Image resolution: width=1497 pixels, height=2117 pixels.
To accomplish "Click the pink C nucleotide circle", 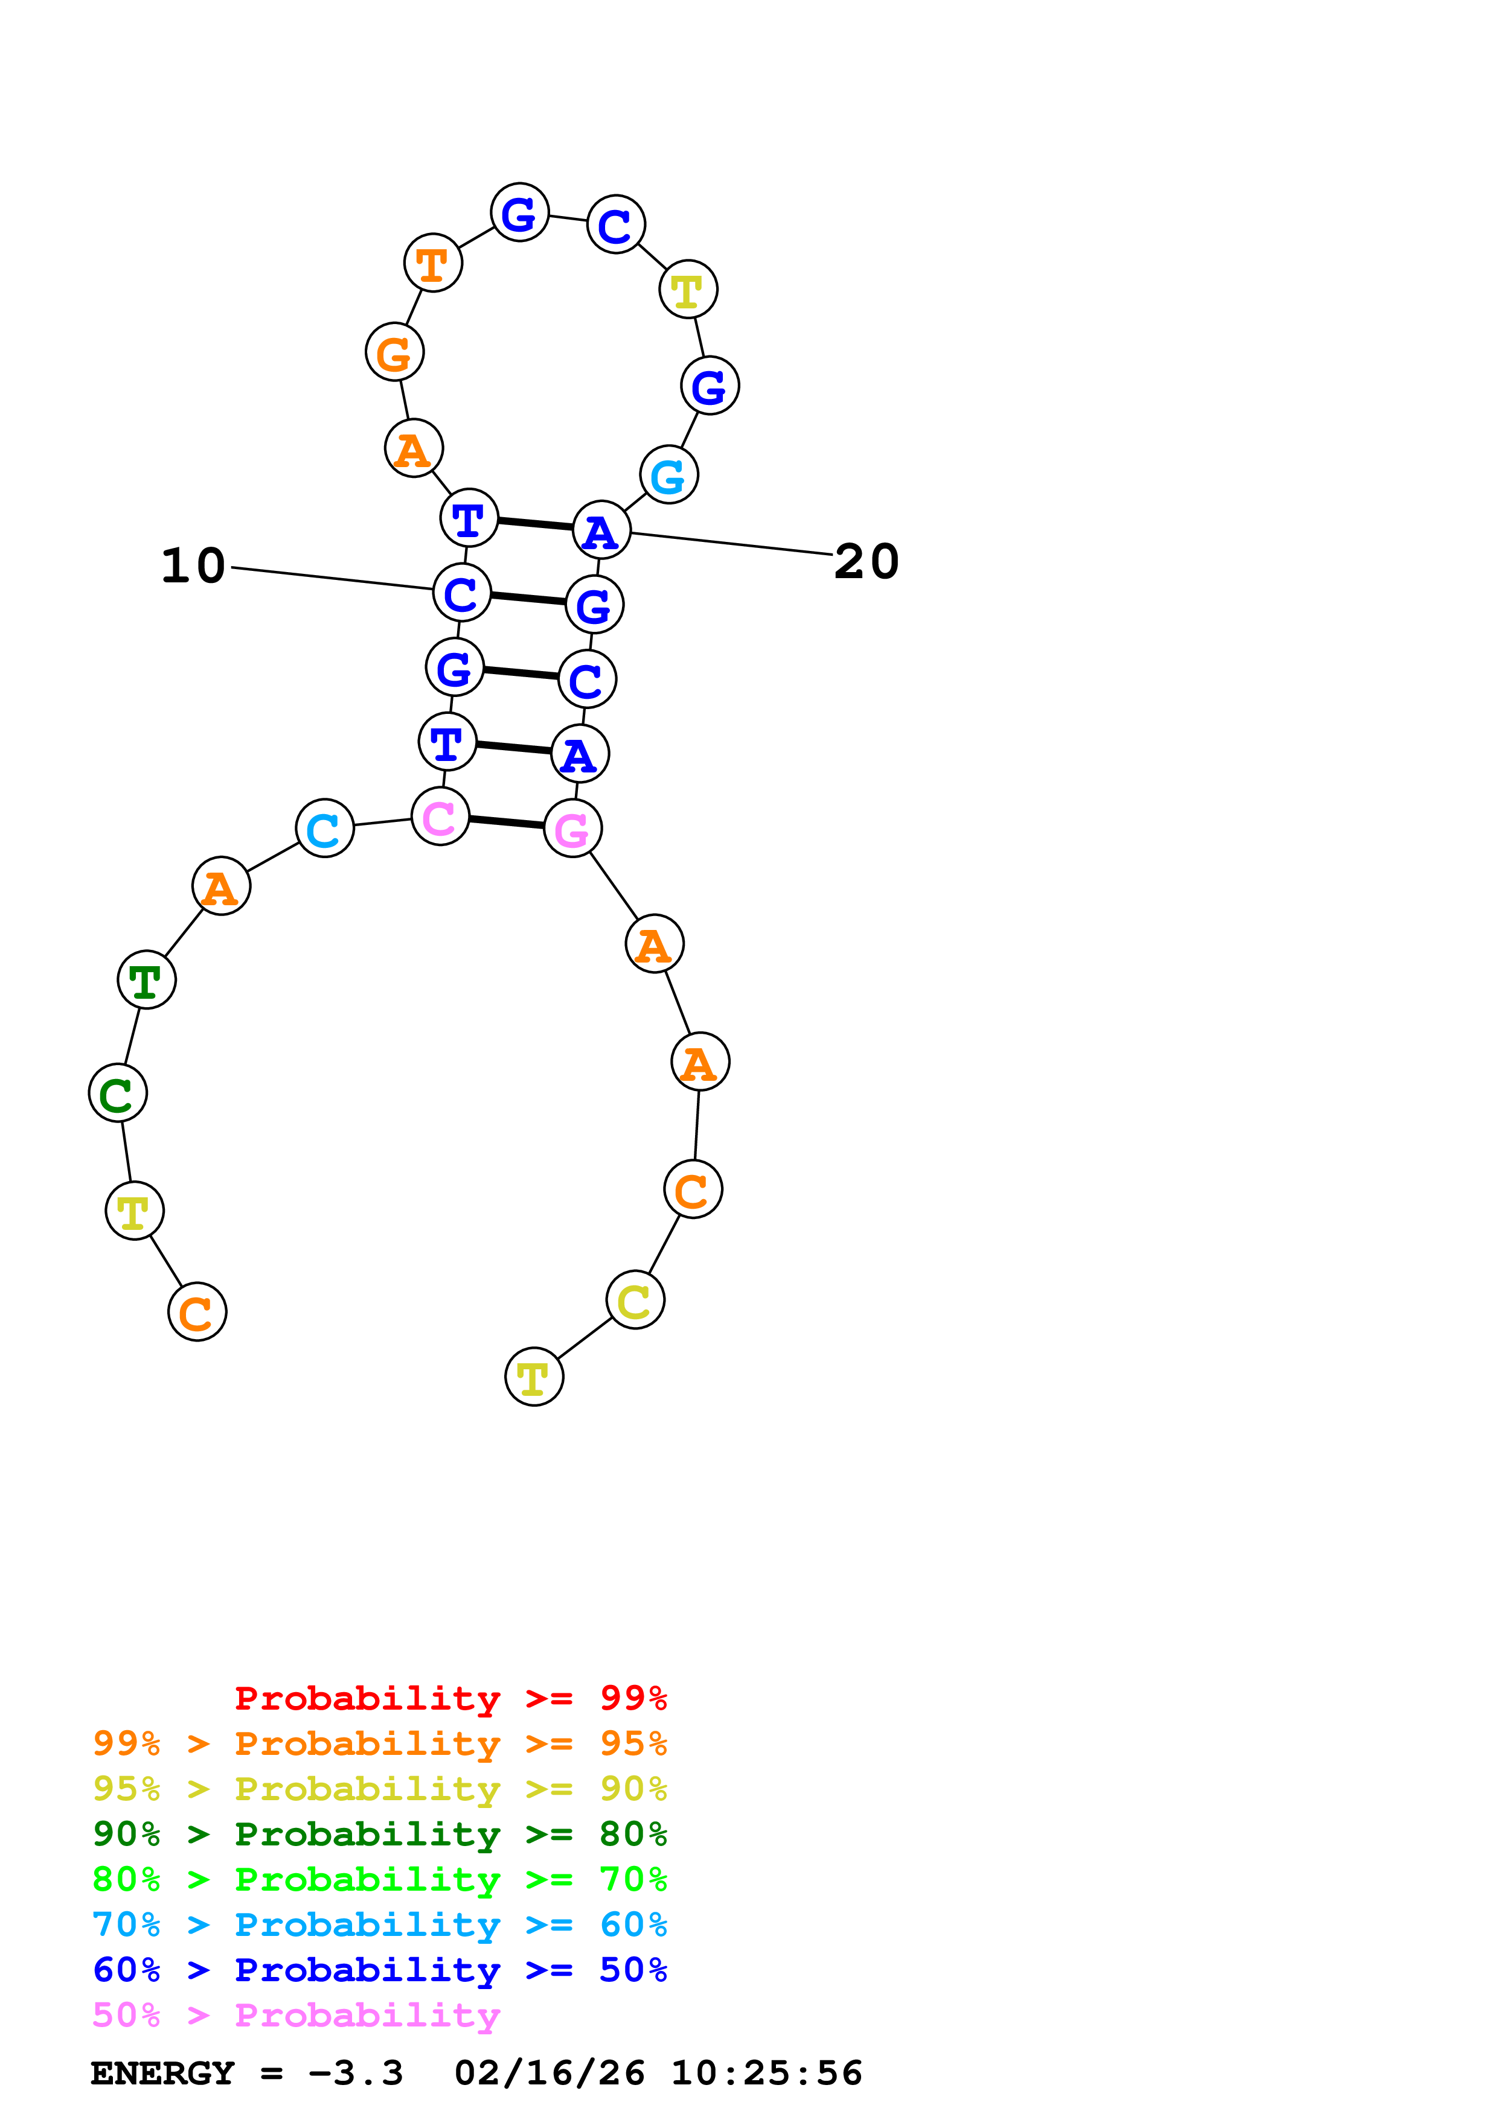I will point(440,816).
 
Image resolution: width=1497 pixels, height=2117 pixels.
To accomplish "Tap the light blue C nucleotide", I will point(325,828).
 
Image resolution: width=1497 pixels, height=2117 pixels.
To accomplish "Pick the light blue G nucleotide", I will point(668,475).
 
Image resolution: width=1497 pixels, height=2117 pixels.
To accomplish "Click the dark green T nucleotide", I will point(147,979).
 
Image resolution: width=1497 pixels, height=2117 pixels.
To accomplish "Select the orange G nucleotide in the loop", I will point(395,352).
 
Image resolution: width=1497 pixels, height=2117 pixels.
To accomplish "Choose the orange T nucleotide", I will point(432,263).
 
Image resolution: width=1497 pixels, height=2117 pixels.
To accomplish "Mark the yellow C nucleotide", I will point(635,1300).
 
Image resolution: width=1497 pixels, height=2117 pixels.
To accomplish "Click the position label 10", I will point(194,565).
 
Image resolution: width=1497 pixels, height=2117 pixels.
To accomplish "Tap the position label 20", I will point(866,561).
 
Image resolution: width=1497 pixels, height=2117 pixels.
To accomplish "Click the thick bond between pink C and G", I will point(507,821).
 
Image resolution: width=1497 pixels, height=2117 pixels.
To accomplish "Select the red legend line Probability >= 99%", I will point(450,1698).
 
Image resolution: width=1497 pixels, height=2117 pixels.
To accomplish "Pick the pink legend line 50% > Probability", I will point(296,2014).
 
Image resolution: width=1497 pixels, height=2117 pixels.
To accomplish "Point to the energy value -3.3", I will point(356,2073).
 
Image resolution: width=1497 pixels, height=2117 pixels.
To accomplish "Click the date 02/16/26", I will point(550,2073).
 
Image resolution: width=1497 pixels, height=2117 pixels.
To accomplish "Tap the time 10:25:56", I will point(766,2073).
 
